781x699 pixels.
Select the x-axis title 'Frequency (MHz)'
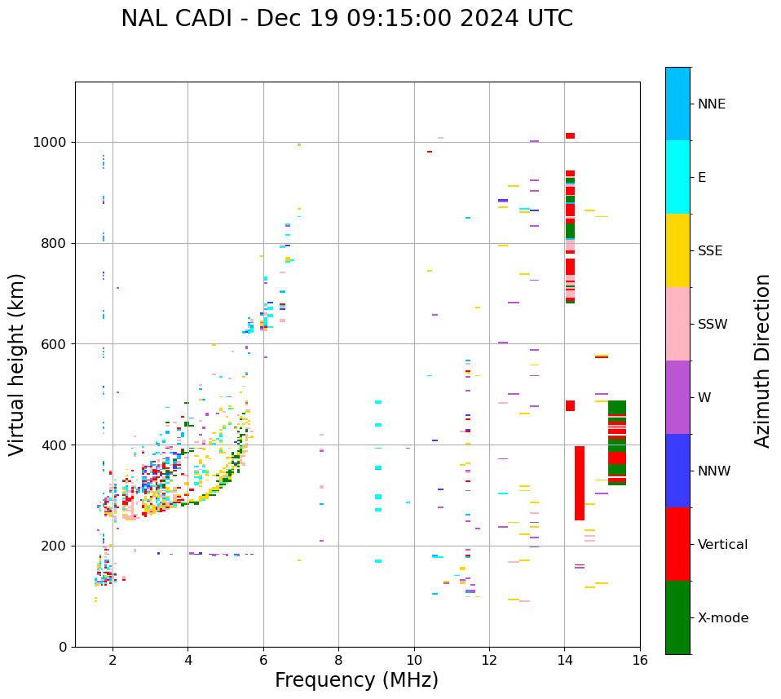pos(356,680)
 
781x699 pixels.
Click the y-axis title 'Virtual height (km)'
pos(17,364)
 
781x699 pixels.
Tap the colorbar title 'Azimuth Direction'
pos(762,360)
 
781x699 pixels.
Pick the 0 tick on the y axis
pos(64,647)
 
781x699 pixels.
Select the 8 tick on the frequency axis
pos(338,659)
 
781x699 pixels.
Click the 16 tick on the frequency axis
pos(639,659)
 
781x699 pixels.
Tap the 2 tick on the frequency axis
pos(113,659)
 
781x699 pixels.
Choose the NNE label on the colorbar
pos(711,104)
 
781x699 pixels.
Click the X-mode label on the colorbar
pos(722,618)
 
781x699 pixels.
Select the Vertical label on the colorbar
pos(722,545)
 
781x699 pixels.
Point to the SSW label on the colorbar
pos(712,325)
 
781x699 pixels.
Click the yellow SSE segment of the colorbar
pos(677,250)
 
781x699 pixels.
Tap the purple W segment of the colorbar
pos(677,397)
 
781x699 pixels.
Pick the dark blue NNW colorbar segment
pos(677,471)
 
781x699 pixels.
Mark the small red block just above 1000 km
pos(570,135)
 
